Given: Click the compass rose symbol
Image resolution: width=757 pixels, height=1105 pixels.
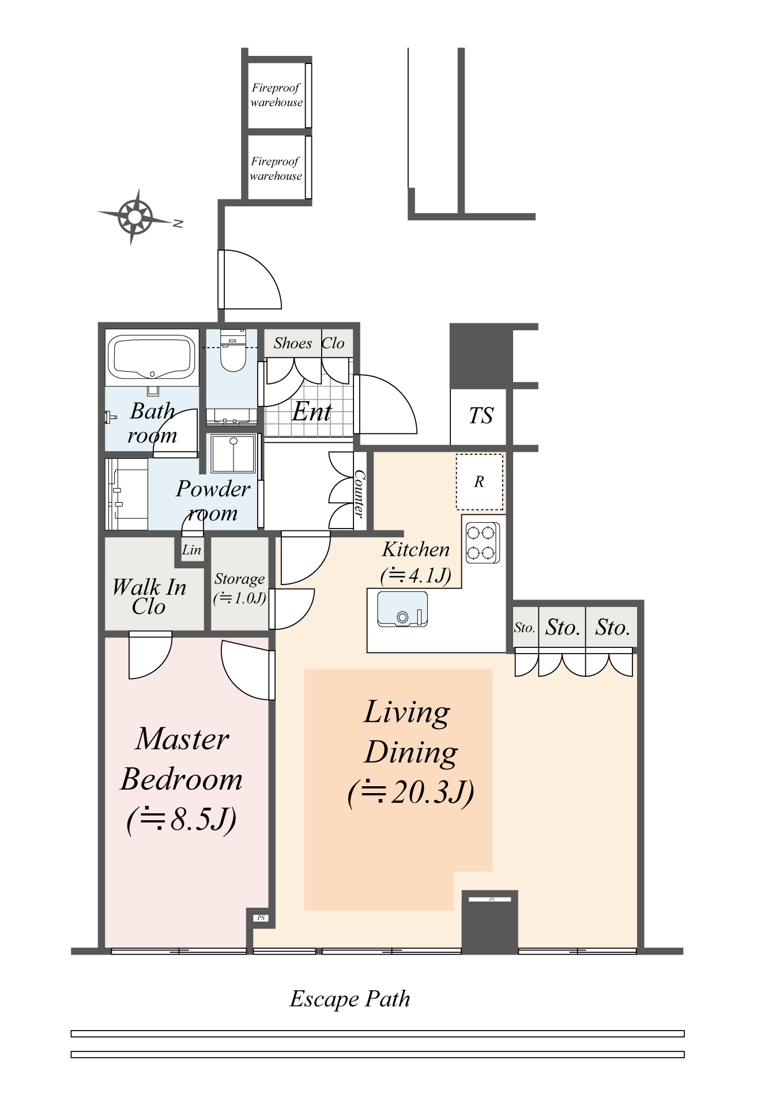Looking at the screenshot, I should (x=134, y=217).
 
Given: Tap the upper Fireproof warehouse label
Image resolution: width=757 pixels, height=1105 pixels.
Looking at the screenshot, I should (x=276, y=95).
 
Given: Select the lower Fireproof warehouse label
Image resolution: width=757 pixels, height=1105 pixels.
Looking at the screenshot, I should (x=276, y=169).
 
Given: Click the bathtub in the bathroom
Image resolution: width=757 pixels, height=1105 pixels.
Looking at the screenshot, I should (x=152, y=357).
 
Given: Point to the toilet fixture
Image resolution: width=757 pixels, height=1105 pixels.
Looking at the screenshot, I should (x=233, y=352).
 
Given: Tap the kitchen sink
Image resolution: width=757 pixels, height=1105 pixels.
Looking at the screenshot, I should (x=402, y=609).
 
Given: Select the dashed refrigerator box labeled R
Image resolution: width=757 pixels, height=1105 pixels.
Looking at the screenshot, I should (x=479, y=482).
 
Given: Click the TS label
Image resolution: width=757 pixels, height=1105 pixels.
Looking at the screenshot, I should (x=480, y=416).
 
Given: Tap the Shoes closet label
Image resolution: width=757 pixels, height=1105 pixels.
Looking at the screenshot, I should (x=293, y=344).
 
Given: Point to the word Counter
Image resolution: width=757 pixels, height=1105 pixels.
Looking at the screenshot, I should (x=360, y=493).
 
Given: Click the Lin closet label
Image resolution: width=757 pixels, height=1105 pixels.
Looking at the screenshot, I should (x=191, y=550).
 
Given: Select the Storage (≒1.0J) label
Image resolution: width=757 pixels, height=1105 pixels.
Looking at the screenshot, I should (x=239, y=588).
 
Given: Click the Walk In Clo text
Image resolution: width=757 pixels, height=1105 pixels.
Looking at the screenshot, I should (x=149, y=597).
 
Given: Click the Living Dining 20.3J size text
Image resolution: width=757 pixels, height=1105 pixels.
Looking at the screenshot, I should (x=410, y=792).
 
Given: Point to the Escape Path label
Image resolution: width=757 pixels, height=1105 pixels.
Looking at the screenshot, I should (x=349, y=999).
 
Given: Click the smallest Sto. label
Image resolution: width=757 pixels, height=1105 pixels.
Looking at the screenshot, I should (x=524, y=628).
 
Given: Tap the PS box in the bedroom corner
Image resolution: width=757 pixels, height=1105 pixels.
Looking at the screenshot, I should (x=261, y=918).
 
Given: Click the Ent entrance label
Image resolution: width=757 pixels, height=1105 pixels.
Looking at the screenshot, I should (x=311, y=412).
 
